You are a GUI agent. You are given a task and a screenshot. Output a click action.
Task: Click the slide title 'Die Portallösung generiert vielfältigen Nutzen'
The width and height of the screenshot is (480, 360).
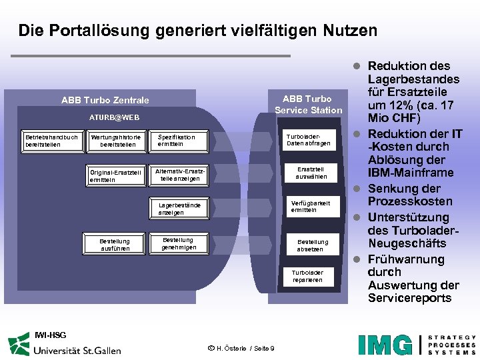[197, 31]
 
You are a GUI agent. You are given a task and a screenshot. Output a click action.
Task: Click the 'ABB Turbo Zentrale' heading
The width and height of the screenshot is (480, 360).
[105, 100]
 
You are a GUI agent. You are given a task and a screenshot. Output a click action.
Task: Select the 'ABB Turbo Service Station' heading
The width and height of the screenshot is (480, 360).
[308, 105]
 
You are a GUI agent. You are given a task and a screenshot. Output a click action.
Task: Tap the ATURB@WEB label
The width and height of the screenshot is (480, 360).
[115, 117]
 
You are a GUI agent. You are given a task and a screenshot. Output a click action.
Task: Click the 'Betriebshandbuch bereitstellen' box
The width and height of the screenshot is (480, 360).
[51, 141]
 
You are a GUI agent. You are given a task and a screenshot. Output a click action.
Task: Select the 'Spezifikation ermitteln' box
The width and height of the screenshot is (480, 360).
[179, 141]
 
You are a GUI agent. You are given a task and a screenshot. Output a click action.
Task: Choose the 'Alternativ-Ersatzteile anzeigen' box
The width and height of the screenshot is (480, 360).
[179, 175]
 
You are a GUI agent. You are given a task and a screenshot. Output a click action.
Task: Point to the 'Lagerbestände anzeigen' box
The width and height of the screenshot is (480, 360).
[179, 209]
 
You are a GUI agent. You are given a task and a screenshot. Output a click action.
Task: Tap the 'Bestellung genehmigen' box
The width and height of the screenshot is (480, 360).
[179, 243]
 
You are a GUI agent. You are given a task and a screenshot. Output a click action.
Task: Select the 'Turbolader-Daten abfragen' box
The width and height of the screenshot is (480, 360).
[308, 139]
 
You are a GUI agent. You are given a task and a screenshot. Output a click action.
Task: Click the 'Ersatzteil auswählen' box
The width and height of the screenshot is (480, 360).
[311, 173]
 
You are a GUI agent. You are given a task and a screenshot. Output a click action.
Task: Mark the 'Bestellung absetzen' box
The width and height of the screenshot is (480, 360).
[312, 245]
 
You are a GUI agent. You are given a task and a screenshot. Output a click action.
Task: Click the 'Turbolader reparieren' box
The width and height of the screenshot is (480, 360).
[307, 276]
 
